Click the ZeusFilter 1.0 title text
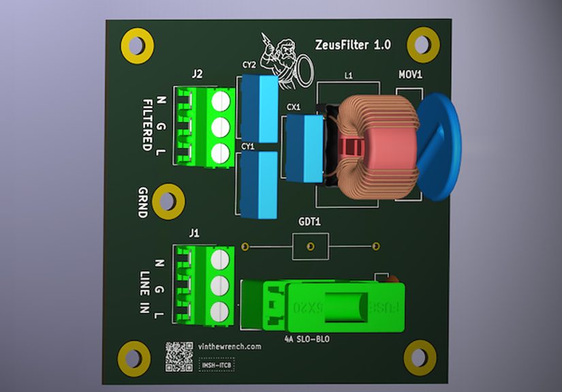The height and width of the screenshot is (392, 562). [x=353, y=46]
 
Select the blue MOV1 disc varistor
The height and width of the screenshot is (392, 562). [x=439, y=147]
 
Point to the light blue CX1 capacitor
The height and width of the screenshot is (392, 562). [x=303, y=148]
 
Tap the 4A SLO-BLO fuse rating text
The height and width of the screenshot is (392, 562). [x=305, y=337]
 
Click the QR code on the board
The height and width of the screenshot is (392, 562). [x=179, y=356]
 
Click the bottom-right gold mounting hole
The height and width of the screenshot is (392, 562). [x=420, y=357]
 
